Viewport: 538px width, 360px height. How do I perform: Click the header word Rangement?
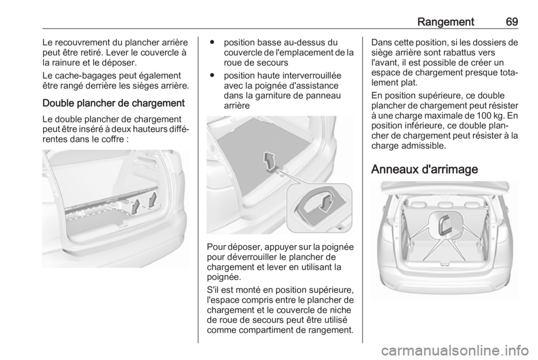(x=446, y=22)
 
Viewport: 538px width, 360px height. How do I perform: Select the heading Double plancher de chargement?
(x=114, y=103)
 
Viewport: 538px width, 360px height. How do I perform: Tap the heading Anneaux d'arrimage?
(x=424, y=169)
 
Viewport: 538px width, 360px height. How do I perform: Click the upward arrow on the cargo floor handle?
(x=270, y=161)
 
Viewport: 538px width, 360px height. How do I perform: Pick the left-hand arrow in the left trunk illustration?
(x=136, y=207)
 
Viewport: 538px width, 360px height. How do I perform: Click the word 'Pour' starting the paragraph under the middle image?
(x=215, y=247)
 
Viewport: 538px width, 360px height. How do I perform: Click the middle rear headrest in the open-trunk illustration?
(x=444, y=204)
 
